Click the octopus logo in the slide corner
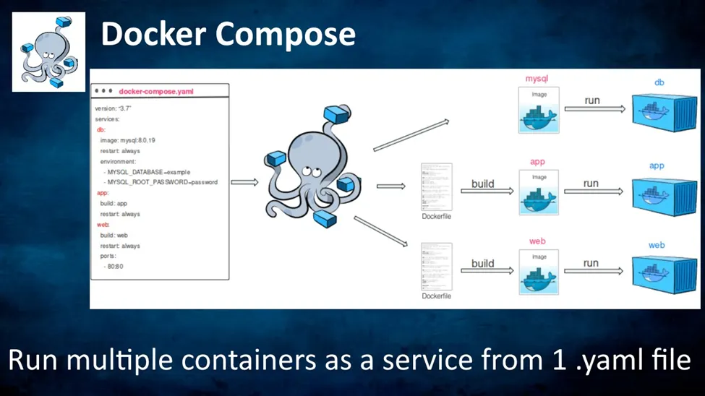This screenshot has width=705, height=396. click(x=48, y=52)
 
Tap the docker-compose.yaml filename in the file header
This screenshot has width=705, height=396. click(x=156, y=92)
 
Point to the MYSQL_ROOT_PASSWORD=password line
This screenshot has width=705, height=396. click(x=162, y=182)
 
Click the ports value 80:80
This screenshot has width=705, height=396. click(x=115, y=267)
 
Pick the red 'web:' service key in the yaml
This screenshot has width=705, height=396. click(x=103, y=225)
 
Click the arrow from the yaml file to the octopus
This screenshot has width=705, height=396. click(x=244, y=182)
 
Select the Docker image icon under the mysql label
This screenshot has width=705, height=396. click(x=539, y=111)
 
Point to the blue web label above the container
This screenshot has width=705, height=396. click(x=657, y=245)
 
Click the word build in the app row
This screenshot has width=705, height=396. click(x=483, y=184)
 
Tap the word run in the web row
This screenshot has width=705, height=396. click(x=591, y=263)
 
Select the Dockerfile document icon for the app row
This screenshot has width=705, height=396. click(x=436, y=186)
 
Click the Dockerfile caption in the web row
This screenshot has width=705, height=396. click(x=436, y=296)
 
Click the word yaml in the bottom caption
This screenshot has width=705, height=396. click(x=622, y=360)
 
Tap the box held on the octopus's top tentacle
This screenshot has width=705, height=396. click(x=336, y=113)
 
